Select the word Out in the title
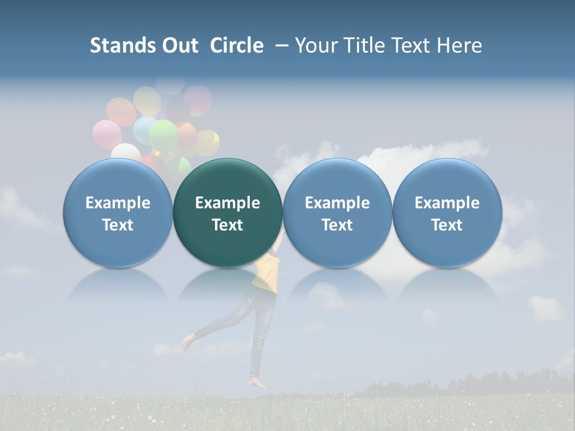pyautogui.click(x=178, y=45)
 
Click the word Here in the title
pyautogui.click(x=459, y=45)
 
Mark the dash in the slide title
pyautogui.click(x=282, y=45)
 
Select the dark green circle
pyautogui.click(x=228, y=213)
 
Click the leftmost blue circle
pyautogui.click(x=117, y=213)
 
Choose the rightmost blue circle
pyautogui.click(x=447, y=213)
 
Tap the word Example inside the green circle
pyautogui.click(x=228, y=203)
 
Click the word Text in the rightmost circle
pyautogui.click(x=447, y=225)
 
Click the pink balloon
pyautogui.click(x=107, y=134)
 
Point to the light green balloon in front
pyautogui.click(x=163, y=136)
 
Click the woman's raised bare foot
pyautogui.click(x=188, y=342)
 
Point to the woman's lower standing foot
pyautogui.click(x=259, y=383)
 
